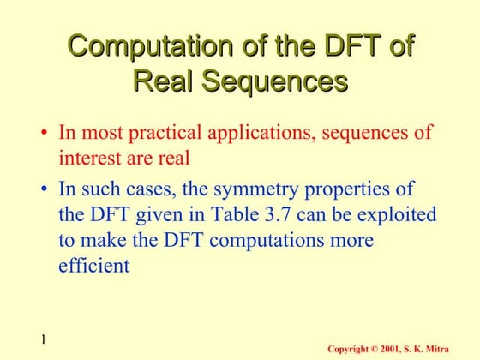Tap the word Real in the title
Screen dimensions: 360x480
point(165,82)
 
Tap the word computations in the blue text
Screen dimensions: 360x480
point(262,239)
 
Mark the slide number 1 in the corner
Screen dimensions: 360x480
point(40,341)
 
